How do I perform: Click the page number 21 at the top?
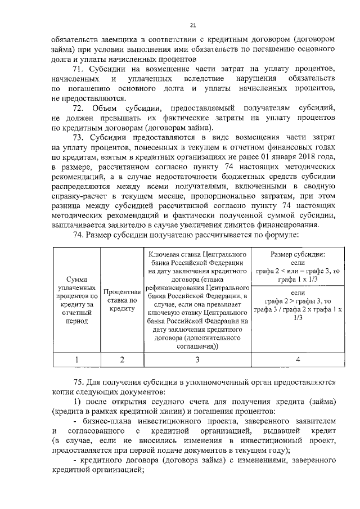[x=192, y=25]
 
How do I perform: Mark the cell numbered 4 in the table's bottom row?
[x=297, y=359]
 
